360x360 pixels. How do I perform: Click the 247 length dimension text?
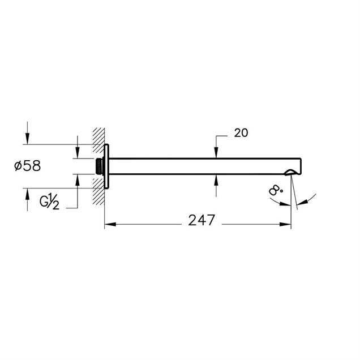[202, 220]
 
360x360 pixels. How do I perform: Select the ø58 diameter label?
[28, 165]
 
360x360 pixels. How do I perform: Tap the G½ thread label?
[49, 202]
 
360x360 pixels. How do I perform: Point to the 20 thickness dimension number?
[241, 133]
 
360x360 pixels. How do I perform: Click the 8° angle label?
[275, 190]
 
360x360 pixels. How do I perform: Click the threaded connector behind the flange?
[99, 166]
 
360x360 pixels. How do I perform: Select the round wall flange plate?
[106, 166]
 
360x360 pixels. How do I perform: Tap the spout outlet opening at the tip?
[290, 172]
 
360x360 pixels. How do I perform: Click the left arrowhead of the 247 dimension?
[110, 224]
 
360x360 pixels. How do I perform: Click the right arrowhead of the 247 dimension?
[285, 224]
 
